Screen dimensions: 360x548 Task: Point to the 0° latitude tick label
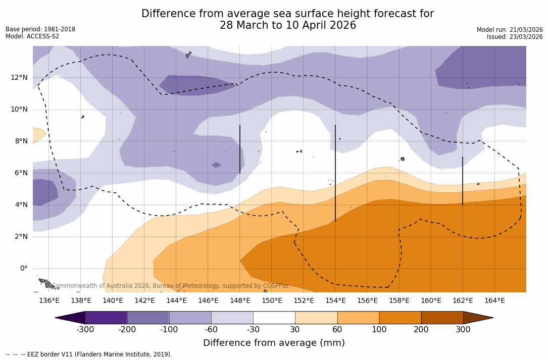click(23, 269)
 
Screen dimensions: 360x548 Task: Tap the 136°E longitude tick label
click(49, 301)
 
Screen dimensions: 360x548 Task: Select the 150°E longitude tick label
click(272, 301)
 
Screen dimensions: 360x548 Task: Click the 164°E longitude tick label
click(494, 301)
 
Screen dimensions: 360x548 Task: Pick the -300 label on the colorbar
click(85, 330)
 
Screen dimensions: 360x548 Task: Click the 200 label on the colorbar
click(421, 330)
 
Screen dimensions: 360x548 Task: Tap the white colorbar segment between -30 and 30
click(274, 318)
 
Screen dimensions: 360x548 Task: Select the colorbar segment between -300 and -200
click(106, 318)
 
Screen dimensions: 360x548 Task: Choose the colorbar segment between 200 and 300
click(442, 318)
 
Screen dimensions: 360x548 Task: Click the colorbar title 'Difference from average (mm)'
click(274, 343)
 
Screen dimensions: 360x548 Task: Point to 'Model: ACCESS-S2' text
click(32, 36)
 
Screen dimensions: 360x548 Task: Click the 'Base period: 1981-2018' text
click(40, 29)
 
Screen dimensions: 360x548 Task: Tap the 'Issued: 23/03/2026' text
click(515, 37)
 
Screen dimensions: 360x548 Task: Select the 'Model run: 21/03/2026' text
click(510, 30)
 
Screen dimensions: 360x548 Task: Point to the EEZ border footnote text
click(89, 354)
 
